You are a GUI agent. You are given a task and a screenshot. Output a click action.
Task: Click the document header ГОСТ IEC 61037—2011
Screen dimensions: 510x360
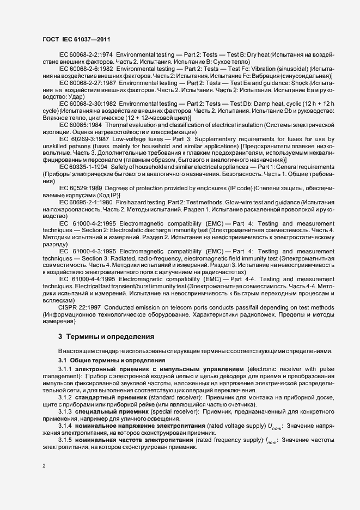point(78,40)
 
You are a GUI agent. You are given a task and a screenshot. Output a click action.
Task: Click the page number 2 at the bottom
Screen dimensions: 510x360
point(44,466)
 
